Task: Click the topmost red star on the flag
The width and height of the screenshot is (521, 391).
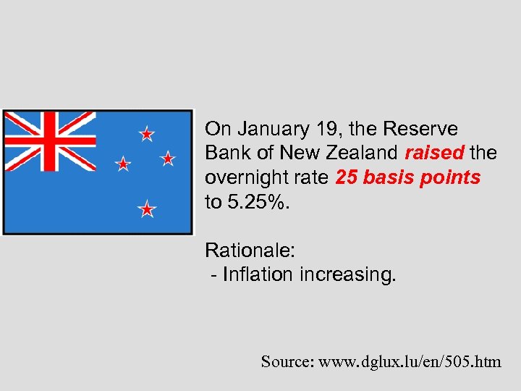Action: pos(147,134)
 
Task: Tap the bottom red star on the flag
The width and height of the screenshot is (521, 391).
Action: pos(147,209)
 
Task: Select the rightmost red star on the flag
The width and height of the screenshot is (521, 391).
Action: pos(168,158)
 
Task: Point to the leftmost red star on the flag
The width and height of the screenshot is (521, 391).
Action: pos(124,164)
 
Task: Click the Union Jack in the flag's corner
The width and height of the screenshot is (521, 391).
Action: pos(49,140)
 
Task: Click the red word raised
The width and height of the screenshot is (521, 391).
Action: pos(434,154)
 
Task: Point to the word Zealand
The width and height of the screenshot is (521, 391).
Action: pos(363,154)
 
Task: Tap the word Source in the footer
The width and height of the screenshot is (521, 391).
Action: pos(286,361)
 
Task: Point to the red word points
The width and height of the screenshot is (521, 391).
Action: pos(451,178)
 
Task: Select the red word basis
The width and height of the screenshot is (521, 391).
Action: pos(390,178)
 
